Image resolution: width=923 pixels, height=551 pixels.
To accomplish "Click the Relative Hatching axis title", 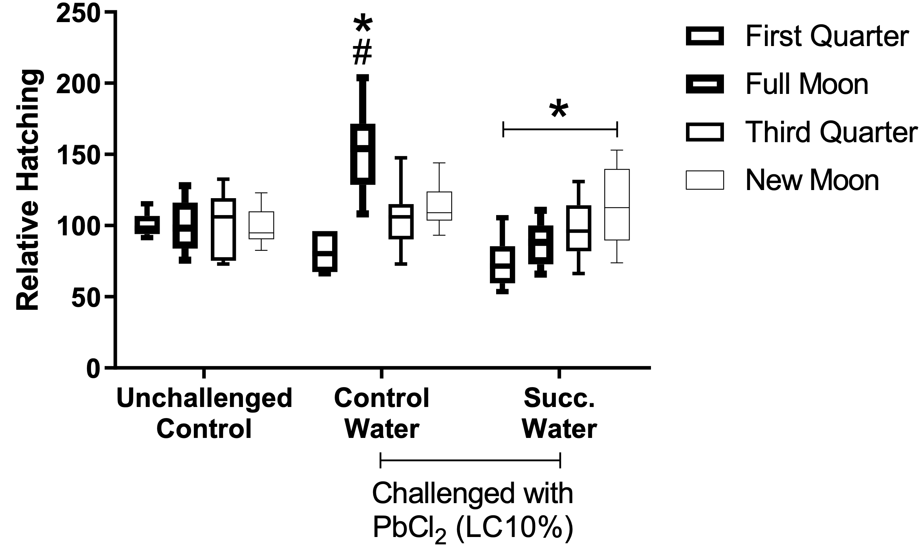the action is (28, 190).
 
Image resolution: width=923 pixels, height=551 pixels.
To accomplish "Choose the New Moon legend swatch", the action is (705, 180).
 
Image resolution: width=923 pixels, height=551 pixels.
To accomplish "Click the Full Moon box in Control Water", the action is (363, 154).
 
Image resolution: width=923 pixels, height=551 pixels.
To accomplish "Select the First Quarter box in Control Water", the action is (324, 252).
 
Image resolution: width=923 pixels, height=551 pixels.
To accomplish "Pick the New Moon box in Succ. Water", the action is (617, 204).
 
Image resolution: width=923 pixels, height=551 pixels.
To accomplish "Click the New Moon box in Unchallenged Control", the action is (261, 225).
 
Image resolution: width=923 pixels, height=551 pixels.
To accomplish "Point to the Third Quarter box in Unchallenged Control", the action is (223, 229).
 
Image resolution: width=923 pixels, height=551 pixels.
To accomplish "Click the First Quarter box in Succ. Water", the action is (502, 265).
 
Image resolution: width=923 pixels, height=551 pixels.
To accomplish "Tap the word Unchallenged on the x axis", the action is (204, 398).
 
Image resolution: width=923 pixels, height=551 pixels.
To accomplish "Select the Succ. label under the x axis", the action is (560, 398).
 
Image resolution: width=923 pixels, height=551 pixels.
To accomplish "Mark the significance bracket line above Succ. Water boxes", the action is (560, 129).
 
